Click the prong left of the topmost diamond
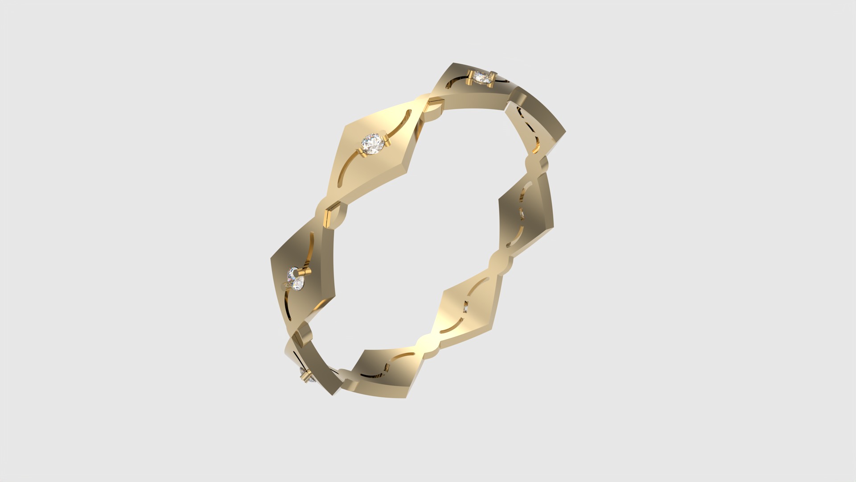tap(470, 79)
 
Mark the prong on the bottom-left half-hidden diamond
tap(305, 379)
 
